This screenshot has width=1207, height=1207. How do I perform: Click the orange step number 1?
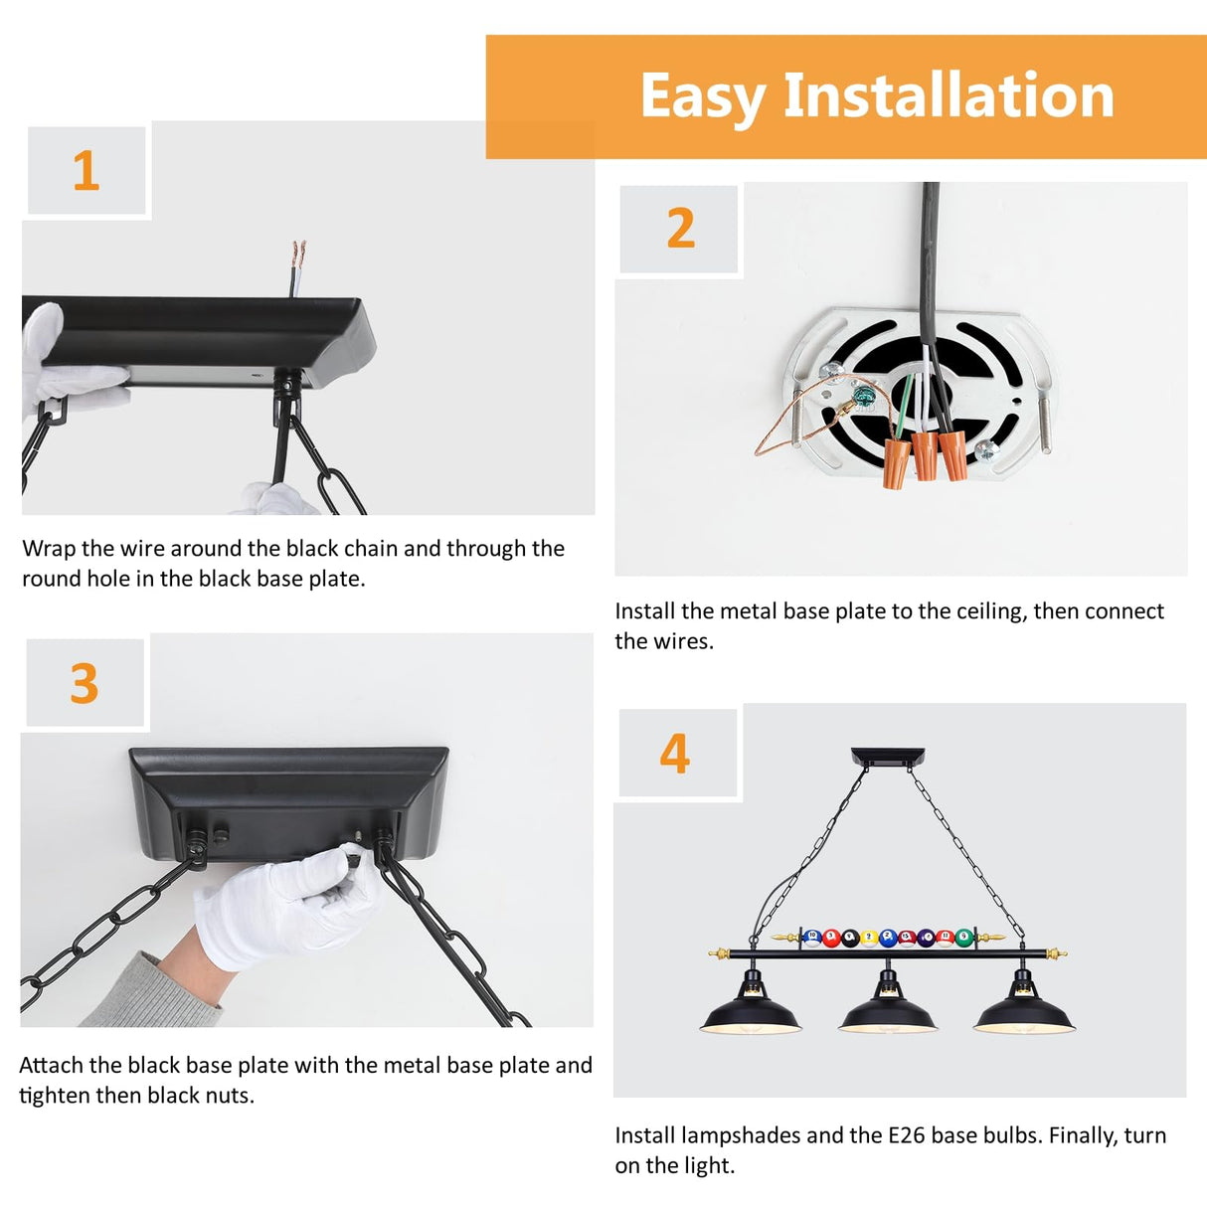[x=86, y=171]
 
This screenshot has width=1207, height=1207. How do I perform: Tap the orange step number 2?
[x=680, y=229]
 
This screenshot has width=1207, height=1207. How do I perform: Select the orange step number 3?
[x=85, y=684]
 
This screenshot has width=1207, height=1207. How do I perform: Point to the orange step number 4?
[x=675, y=754]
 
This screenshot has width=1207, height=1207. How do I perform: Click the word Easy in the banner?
[x=701, y=97]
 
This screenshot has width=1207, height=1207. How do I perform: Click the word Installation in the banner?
[x=948, y=96]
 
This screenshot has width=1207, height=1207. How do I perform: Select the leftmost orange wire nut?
[x=895, y=463]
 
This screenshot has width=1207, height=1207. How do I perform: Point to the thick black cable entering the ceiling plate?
[x=930, y=259]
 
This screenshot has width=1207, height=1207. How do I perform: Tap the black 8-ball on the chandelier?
[x=850, y=938]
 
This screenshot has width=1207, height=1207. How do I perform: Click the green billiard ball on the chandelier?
[x=963, y=938]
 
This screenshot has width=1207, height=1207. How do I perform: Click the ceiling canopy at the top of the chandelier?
[x=887, y=757]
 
